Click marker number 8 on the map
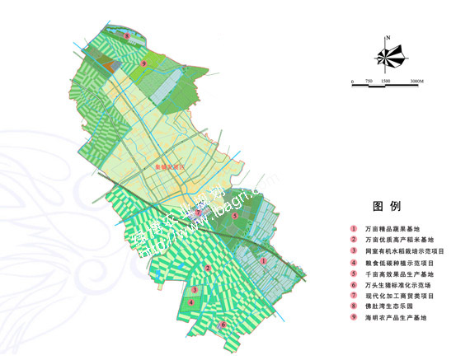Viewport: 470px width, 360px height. click(126, 36)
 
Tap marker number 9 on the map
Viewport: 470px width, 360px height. click(143, 63)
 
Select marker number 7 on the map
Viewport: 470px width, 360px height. click(198, 213)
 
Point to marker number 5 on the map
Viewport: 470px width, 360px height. click(236, 216)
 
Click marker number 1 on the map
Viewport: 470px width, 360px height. click(263, 260)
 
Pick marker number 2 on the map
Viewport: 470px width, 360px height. click(208, 269)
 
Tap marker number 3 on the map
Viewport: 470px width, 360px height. click(194, 290)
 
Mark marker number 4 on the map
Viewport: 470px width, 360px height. click(191, 302)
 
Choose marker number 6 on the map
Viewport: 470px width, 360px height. click(223, 325)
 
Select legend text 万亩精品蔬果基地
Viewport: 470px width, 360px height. click(392, 228)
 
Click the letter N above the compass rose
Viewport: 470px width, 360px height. click(388, 38)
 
